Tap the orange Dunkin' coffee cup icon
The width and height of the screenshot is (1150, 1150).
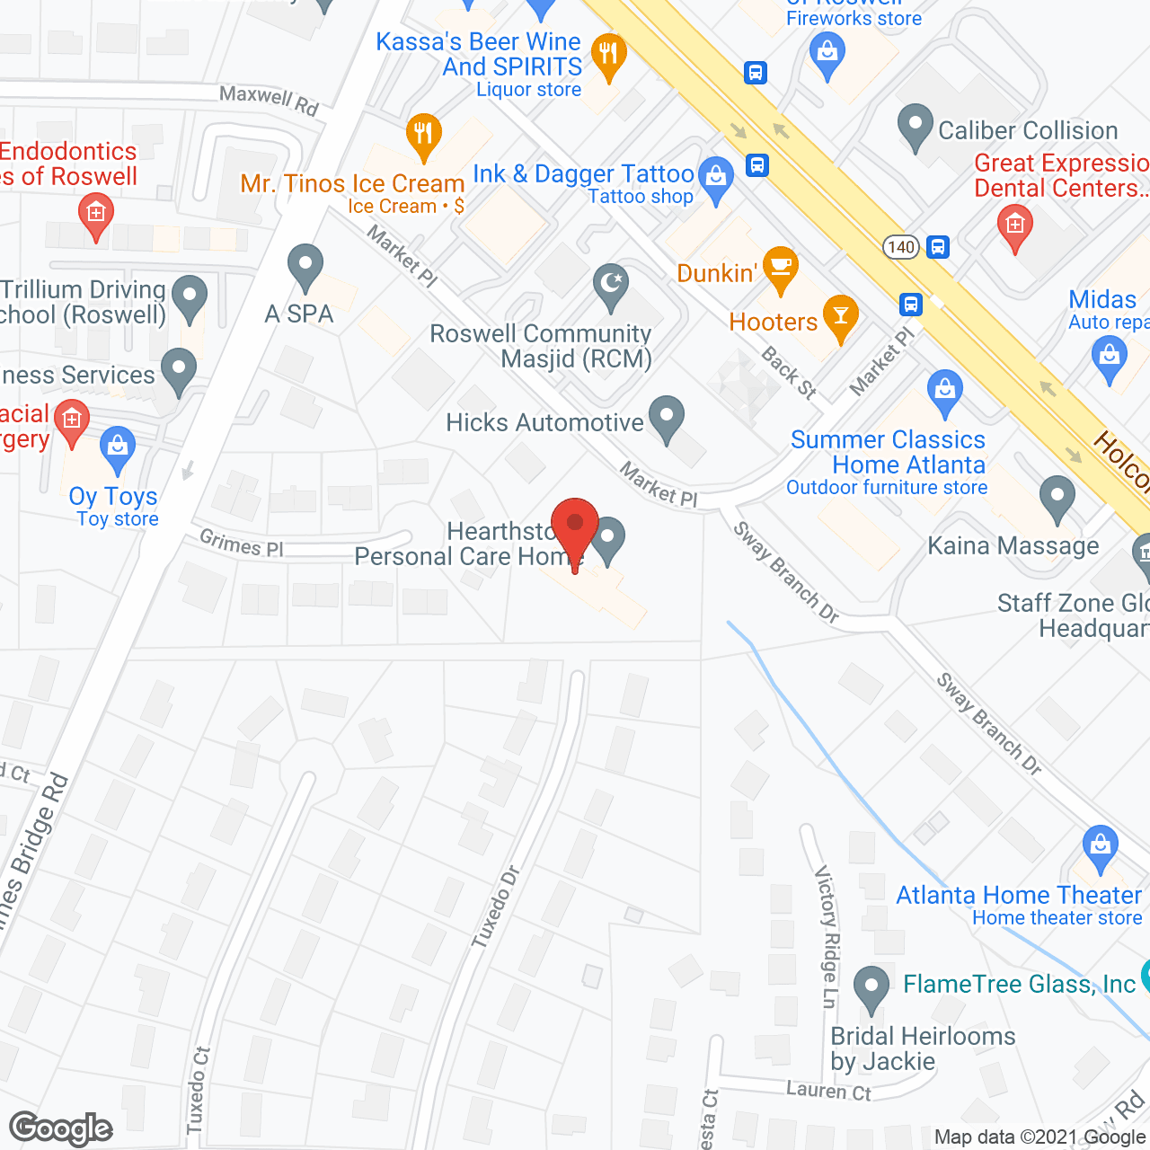[781, 268]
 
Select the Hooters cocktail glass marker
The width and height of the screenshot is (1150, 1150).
[841, 316]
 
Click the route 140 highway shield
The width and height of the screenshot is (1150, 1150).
[900, 247]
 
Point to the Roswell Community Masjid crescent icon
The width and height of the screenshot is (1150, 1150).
[611, 285]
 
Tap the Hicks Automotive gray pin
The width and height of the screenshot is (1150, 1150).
[666, 418]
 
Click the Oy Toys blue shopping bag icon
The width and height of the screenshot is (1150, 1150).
[118, 448]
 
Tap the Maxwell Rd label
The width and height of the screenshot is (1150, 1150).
[270, 100]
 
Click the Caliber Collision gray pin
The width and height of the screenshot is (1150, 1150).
[915, 127]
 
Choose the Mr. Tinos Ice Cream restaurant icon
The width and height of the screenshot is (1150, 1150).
[422, 136]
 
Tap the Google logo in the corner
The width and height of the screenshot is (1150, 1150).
[61, 1128]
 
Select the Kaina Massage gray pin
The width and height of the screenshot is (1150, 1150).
[1057, 498]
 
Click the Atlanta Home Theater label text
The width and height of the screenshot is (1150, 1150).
[1019, 895]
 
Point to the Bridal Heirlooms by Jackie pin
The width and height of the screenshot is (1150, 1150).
[871, 987]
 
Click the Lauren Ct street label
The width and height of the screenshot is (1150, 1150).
[828, 1091]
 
